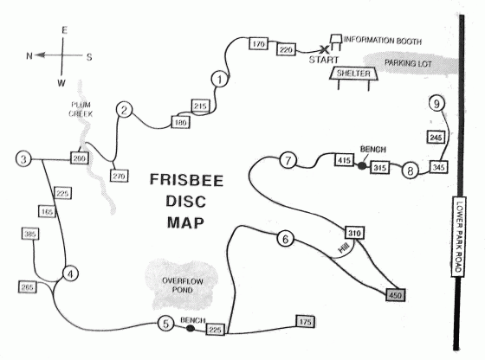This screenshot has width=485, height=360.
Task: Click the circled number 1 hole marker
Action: click(x=220, y=80)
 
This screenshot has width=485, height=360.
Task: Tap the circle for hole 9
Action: click(x=436, y=104)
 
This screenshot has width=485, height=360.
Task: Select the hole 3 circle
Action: click(x=23, y=159)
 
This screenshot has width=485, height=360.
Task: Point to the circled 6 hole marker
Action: click(x=286, y=239)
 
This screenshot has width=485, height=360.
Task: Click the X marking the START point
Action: click(x=324, y=48)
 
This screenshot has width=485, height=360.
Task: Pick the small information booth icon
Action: click(x=336, y=42)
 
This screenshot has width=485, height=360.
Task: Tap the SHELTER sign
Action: click(x=353, y=74)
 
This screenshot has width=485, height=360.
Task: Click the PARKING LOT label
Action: click(x=408, y=63)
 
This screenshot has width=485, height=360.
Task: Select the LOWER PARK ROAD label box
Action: click(x=459, y=236)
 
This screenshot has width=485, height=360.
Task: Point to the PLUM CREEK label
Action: click(x=81, y=109)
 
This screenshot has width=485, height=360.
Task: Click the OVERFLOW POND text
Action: click(x=183, y=286)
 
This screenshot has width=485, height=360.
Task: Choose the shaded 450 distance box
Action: click(x=395, y=295)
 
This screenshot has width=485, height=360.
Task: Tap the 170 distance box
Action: click(x=258, y=43)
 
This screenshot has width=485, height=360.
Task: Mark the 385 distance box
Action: click(x=30, y=234)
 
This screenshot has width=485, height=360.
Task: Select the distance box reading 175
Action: click(x=305, y=322)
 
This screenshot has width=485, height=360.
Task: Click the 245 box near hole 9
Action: click(x=436, y=137)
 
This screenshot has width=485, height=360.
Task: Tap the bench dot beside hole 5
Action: click(x=191, y=328)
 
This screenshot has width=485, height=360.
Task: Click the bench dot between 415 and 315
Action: click(x=362, y=166)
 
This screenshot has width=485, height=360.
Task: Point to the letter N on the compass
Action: click(x=29, y=56)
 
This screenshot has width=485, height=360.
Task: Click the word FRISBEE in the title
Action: click(x=186, y=180)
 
